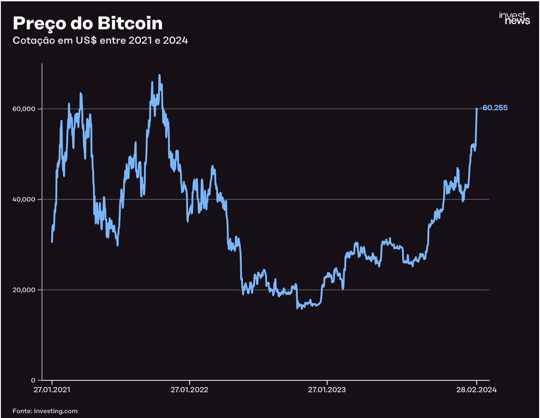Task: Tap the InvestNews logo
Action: pos(514,18)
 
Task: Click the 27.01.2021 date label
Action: pos(52,390)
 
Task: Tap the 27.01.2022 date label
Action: pos(189,390)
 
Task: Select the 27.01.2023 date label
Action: pos(327,390)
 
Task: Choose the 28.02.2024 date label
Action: pos(476,390)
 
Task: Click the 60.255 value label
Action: pos(495,108)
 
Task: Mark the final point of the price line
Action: pos(477,108)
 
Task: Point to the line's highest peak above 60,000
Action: pos(159,76)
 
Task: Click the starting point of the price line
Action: pos(52,242)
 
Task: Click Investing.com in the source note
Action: pos(56,411)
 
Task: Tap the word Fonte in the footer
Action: pos(22,411)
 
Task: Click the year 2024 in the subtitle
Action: pos(176,41)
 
